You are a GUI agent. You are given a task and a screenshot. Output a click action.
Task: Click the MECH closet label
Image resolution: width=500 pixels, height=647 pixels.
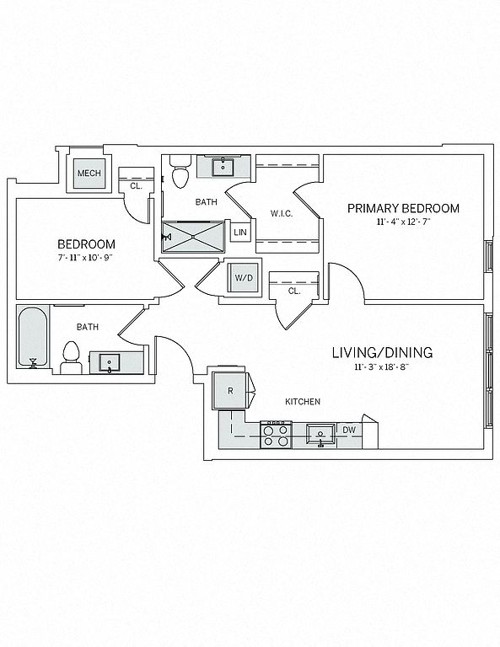point(89,173)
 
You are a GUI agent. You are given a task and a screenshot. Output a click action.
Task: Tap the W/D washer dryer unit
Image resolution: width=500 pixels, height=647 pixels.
point(243,278)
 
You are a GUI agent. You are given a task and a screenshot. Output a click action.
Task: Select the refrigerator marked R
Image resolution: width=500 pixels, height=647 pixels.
point(229,390)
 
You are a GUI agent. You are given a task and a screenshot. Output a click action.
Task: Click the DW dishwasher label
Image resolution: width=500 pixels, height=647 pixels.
point(349,430)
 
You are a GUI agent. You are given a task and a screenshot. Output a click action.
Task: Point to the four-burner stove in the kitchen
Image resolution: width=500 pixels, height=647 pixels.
point(277,435)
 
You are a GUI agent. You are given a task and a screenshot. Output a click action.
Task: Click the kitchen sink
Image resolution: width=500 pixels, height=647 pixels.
point(321,434)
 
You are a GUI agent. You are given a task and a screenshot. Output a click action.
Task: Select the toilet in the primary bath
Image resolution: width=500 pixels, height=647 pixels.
point(180,171)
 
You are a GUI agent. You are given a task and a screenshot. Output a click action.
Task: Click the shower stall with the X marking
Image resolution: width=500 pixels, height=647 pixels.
point(193,237)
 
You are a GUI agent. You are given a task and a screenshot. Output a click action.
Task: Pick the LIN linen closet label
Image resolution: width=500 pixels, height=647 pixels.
point(240,233)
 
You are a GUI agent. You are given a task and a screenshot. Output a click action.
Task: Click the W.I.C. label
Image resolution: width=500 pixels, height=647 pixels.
point(282,213)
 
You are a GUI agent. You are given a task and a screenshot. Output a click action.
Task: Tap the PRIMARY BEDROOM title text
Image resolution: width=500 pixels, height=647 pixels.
point(403,208)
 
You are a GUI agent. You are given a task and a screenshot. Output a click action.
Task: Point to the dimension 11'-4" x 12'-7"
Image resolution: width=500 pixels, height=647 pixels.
point(403,222)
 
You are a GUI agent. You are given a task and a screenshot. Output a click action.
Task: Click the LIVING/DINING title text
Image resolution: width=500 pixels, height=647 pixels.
point(382,353)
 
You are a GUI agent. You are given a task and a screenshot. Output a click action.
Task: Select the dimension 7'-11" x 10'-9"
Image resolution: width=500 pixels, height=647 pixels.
point(85,258)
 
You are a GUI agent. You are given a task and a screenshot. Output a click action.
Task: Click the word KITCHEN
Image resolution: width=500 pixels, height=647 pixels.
point(303,402)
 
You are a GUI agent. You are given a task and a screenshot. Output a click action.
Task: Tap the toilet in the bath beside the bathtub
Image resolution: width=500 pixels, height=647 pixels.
point(71,358)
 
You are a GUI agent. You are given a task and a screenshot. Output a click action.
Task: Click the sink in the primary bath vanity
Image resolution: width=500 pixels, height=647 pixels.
point(223,167)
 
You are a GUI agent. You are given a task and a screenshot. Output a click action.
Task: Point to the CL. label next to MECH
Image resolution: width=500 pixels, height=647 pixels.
point(136,186)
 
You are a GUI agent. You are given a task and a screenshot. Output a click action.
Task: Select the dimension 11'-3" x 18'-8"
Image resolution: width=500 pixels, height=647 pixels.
point(381,366)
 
